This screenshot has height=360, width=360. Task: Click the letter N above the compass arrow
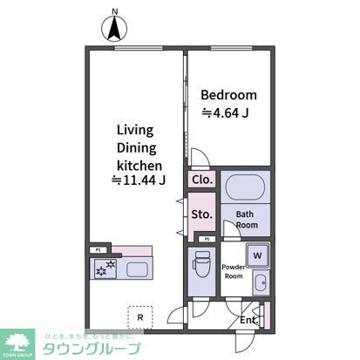pyautogui.click(x=114, y=11)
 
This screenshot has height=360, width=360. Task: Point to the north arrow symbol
pyautogui.click(x=114, y=30)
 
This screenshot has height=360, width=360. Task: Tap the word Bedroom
pyautogui.click(x=228, y=95)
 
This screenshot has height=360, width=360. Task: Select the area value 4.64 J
pyautogui.click(x=228, y=112)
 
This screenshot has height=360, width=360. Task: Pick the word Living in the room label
pyautogui.click(x=135, y=130)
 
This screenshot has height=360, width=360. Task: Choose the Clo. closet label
pyautogui.click(x=202, y=180)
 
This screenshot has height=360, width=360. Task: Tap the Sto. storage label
pyautogui.click(x=201, y=213)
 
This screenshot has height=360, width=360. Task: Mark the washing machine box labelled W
pyautogui.click(x=257, y=255)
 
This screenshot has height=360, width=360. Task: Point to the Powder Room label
pyautogui.click(x=234, y=271)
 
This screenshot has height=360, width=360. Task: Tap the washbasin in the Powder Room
pyautogui.click(x=259, y=282)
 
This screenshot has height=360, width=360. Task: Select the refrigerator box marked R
pyautogui.click(x=139, y=315)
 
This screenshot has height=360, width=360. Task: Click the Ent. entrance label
pyautogui.click(x=248, y=320)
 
